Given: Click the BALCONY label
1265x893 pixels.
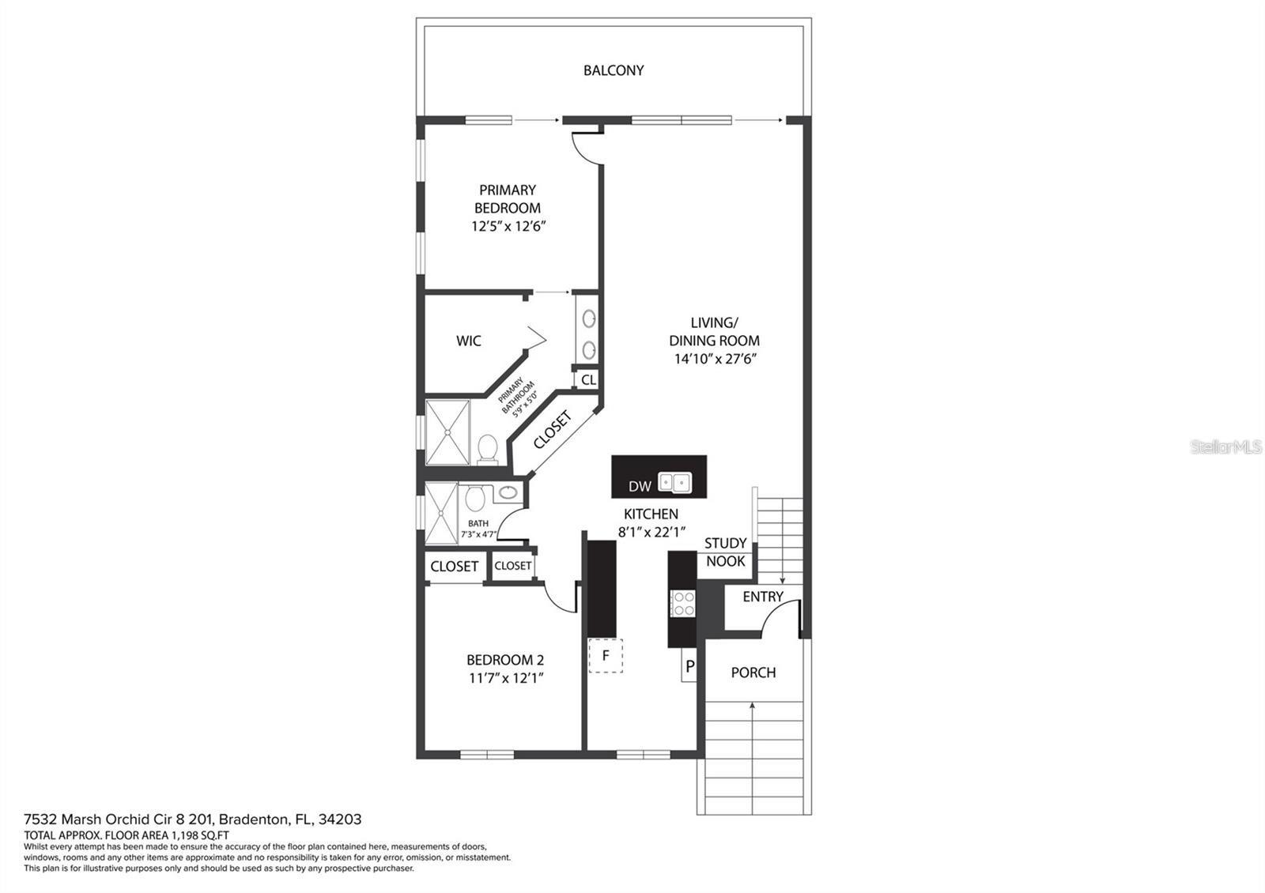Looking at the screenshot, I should [x=614, y=70].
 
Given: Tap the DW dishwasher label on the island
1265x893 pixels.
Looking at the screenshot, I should [x=640, y=486].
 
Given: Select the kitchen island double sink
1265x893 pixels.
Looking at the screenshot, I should [x=675, y=481].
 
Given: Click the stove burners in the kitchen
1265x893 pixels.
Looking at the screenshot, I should [x=682, y=603].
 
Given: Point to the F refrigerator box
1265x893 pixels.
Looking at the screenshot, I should [x=606, y=656].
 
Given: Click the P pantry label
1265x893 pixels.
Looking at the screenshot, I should [x=689, y=667].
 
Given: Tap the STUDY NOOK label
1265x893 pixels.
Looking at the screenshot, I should [x=725, y=552].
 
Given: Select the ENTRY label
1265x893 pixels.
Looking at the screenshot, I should [x=763, y=597].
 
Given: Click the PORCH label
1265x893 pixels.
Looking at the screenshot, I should [x=753, y=673].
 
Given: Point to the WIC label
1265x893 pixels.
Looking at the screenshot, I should [x=468, y=341].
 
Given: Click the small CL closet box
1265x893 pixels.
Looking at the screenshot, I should [x=588, y=380].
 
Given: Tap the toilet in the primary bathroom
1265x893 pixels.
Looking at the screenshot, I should [x=487, y=449].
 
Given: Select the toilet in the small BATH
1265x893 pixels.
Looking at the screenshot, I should [x=475, y=499].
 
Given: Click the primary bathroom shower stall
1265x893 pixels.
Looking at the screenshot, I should [x=447, y=432].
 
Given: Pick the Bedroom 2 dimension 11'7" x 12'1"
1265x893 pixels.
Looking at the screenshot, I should [x=504, y=678].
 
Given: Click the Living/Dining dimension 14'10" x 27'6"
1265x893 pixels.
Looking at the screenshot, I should [x=714, y=359].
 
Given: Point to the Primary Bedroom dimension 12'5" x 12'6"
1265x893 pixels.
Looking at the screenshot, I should [x=508, y=226].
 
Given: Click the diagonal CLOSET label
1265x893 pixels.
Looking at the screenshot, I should [x=552, y=430].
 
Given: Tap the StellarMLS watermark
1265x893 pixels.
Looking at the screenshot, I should [x=1225, y=447].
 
